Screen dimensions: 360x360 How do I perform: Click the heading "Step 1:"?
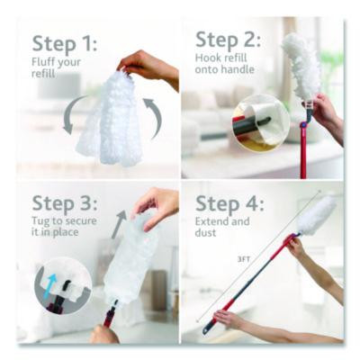click(x=64, y=43)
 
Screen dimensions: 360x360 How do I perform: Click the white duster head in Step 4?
click(x=314, y=216)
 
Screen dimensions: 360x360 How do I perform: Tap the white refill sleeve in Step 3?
click(x=133, y=261)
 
